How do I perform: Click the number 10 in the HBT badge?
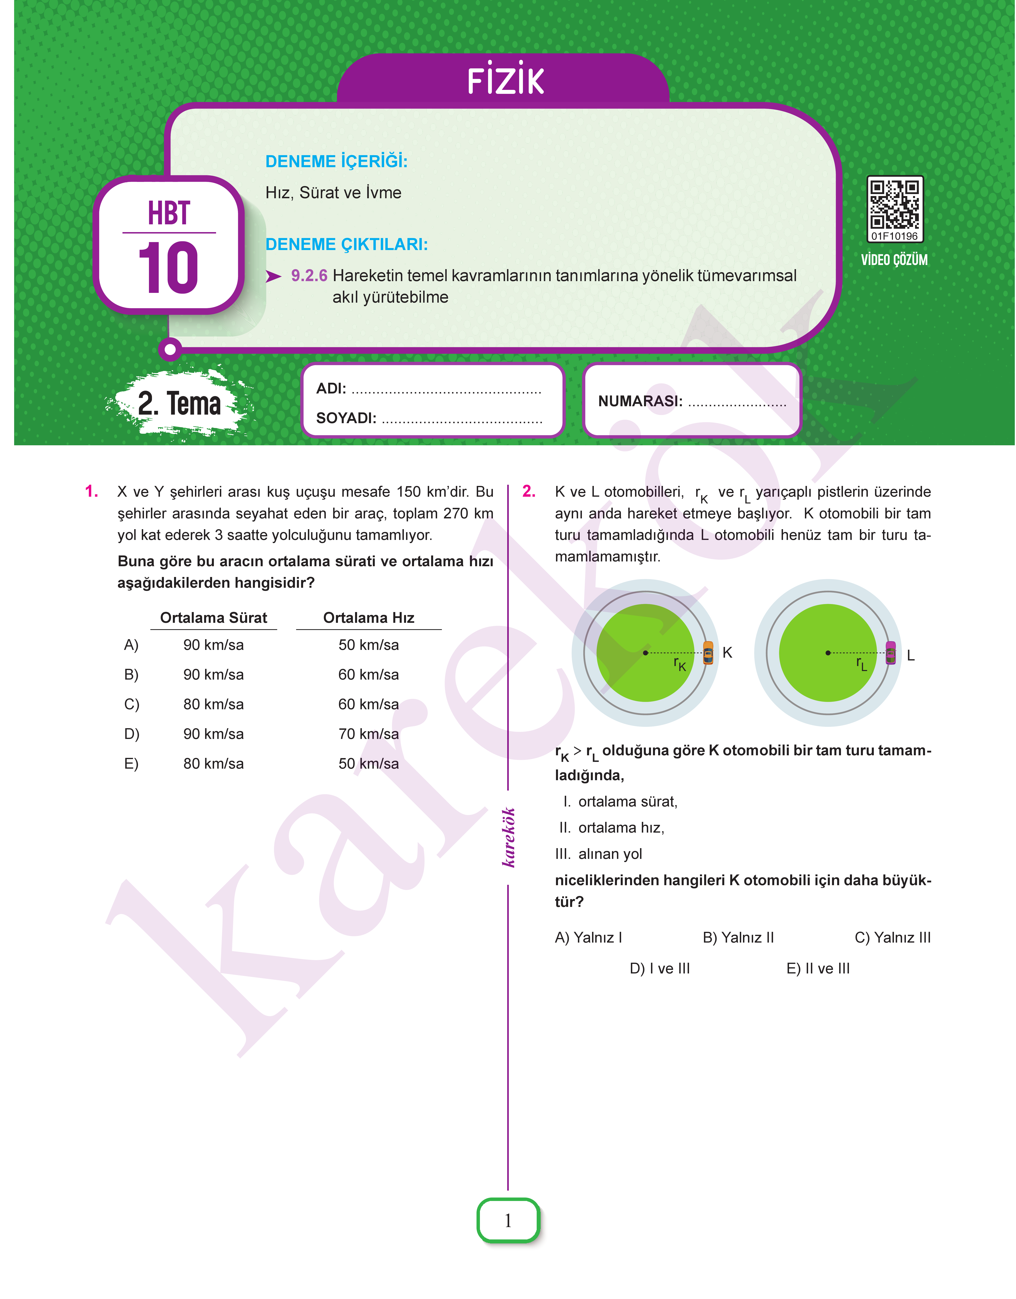click(x=168, y=268)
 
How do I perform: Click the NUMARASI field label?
click(x=640, y=401)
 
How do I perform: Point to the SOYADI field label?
click(x=346, y=418)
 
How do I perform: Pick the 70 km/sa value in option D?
click(x=369, y=734)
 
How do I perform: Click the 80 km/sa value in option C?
click(x=213, y=704)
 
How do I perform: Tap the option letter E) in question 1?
click(x=131, y=764)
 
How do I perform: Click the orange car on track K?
click(x=708, y=653)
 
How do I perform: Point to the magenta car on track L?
click(x=891, y=653)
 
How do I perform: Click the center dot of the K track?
click(x=645, y=653)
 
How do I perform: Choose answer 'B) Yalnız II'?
click(x=738, y=938)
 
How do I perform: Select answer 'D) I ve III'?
click(x=660, y=969)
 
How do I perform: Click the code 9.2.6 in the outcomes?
click(x=309, y=276)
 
